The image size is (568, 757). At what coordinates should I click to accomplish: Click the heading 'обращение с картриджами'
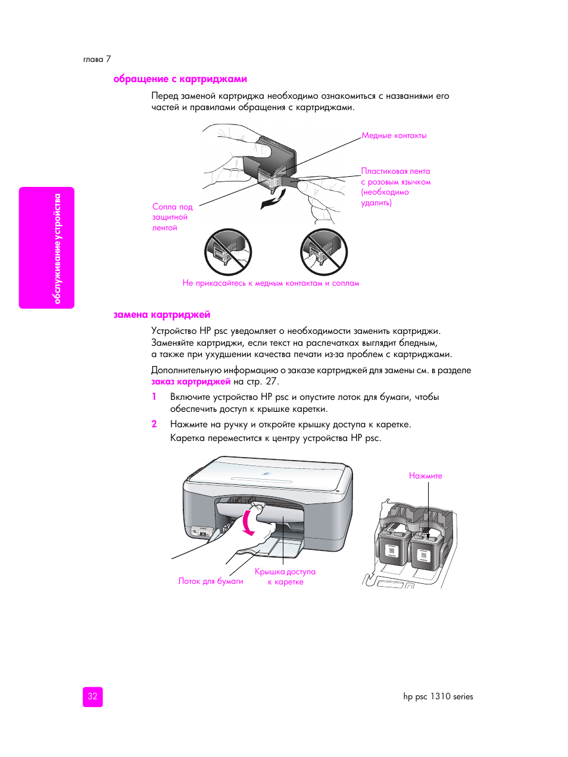pyautogui.click(x=180, y=79)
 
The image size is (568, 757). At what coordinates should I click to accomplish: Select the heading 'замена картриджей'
pyautogui.click(x=161, y=315)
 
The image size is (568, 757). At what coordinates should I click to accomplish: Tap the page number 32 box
pyautogui.click(x=92, y=696)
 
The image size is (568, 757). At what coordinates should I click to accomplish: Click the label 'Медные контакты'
pyautogui.click(x=394, y=136)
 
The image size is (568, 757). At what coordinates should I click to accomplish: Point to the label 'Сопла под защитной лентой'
pyautogui.click(x=171, y=217)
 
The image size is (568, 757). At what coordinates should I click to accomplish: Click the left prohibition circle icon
pyautogui.click(x=228, y=252)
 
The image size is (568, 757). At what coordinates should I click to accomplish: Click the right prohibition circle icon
pyautogui.click(x=323, y=252)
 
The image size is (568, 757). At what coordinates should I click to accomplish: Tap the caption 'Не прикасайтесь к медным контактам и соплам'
pyautogui.click(x=271, y=283)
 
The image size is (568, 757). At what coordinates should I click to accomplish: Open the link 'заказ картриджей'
pyautogui.click(x=191, y=381)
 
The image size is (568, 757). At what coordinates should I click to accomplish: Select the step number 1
pyautogui.click(x=154, y=397)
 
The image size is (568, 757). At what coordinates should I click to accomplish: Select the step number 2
pyautogui.click(x=154, y=424)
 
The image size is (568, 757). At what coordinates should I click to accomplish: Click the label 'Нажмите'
pyautogui.click(x=425, y=476)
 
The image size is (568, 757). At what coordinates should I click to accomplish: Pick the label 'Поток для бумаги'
pyautogui.click(x=211, y=581)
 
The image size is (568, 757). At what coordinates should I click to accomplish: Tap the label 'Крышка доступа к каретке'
pyautogui.click(x=285, y=577)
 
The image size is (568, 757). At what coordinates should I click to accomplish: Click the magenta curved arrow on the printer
pyautogui.click(x=248, y=523)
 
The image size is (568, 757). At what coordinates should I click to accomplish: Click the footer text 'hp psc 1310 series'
pyautogui.click(x=438, y=696)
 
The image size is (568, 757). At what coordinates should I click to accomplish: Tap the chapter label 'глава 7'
pyautogui.click(x=97, y=59)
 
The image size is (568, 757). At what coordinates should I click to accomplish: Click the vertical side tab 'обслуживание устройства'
pyautogui.click(x=57, y=248)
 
